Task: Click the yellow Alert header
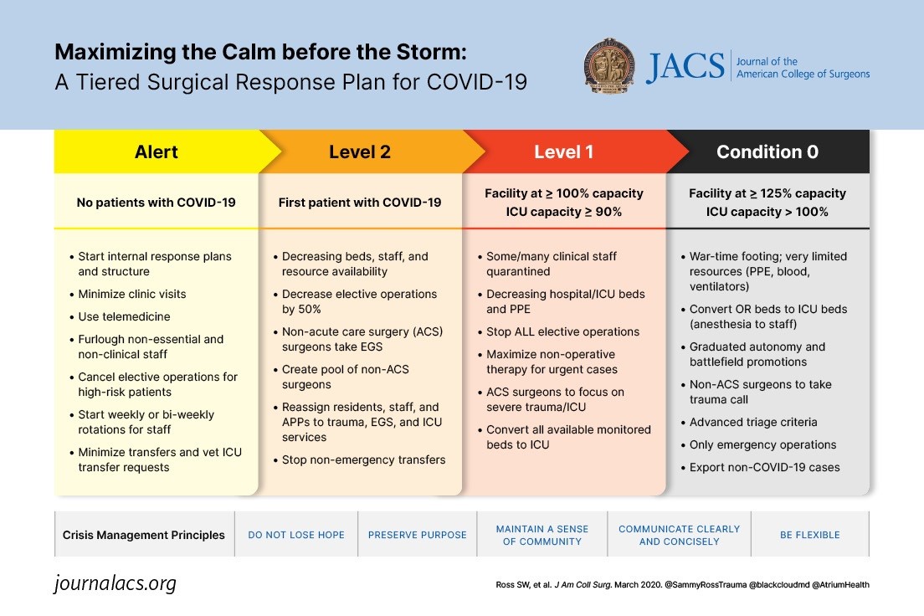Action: (157, 151)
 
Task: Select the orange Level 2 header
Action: (360, 151)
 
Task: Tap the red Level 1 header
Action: (564, 151)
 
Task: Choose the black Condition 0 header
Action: (767, 151)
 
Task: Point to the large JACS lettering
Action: (685, 68)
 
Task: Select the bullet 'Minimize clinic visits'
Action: (132, 294)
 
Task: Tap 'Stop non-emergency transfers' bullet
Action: (363, 459)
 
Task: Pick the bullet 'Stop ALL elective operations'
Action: (562, 331)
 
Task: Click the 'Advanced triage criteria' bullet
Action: (753, 422)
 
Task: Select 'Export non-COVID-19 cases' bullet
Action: (764, 467)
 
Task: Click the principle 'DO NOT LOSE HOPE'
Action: (296, 535)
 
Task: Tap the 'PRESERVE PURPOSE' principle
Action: (418, 535)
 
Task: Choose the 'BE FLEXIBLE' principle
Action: (809, 535)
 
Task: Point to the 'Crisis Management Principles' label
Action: (144, 535)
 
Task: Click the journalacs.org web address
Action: (116, 583)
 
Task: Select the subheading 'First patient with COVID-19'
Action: (360, 202)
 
